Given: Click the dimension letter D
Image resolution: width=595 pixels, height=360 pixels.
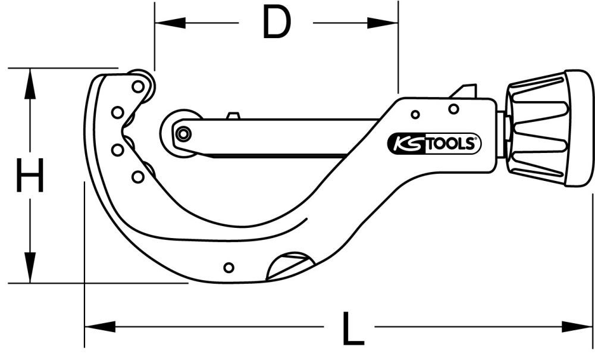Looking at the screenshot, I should [276, 24].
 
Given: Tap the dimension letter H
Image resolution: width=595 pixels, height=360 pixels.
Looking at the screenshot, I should [30, 176].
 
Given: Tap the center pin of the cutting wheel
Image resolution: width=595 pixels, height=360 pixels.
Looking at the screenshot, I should [183, 134].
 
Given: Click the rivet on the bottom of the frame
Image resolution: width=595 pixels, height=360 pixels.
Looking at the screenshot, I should [228, 267].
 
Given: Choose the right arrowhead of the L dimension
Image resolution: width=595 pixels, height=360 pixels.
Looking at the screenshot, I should [583, 326].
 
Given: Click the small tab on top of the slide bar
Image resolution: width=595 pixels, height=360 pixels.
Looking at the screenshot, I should [233, 115].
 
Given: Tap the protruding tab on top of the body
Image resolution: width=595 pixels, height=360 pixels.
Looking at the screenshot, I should [465, 91].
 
